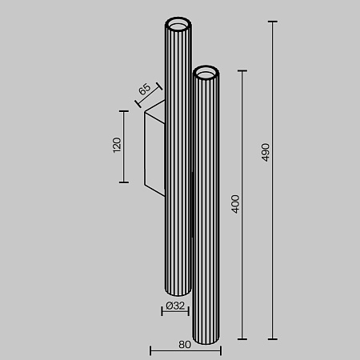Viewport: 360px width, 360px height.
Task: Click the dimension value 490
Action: [x=265, y=152]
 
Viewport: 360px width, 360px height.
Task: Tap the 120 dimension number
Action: [x=116, y=146]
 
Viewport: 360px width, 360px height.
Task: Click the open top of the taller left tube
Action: [x=178, y=22]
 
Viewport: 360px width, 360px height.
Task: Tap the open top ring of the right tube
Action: [x=206, y=74]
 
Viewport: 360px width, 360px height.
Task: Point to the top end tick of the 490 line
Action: [x=274, y=22]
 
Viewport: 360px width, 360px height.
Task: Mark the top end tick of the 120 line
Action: [x=124, y=110]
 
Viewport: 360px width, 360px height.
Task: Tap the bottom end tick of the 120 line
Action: [x=124, y=182]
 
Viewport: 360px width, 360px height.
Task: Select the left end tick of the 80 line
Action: [x=151, y=350]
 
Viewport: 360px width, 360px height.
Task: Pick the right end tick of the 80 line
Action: [x=220, y=350]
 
